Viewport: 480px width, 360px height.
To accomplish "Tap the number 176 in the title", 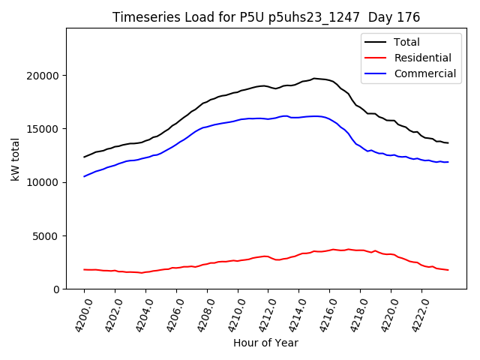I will pyautogui.click(x=409, y=17).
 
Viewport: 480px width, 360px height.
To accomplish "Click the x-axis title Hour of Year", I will pyautogui.click(x=265, y=343).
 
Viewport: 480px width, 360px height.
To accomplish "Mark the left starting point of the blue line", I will pyautogui.click(x=84, y=176).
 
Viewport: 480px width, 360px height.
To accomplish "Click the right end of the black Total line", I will pyautogui.click(x=448, y=143).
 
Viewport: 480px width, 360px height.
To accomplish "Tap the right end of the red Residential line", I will pyautogui.click(x=448, y=270).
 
